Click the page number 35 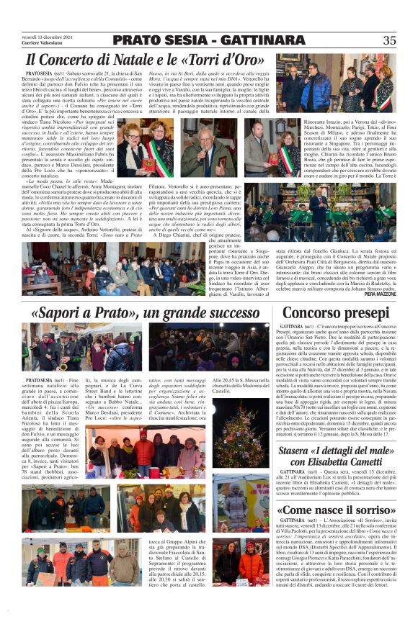pos(390,40)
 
